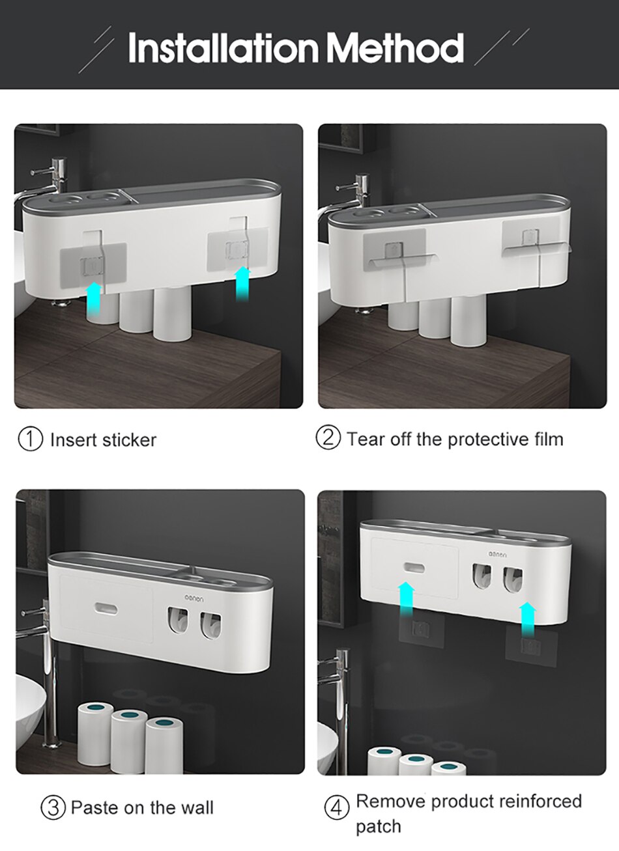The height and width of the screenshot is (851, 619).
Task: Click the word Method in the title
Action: (395, 47)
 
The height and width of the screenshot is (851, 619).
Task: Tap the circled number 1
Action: (30, 439)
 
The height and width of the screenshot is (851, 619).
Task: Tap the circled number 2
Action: (328, 438)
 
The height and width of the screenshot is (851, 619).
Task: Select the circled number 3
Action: (53, 808)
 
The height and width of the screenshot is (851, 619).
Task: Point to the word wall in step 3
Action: (197, 808)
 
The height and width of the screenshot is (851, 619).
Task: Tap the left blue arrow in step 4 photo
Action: (407, 603)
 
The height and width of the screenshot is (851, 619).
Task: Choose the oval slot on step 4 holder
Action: (414, 567)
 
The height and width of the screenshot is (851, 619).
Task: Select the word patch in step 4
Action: (378, 827)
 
